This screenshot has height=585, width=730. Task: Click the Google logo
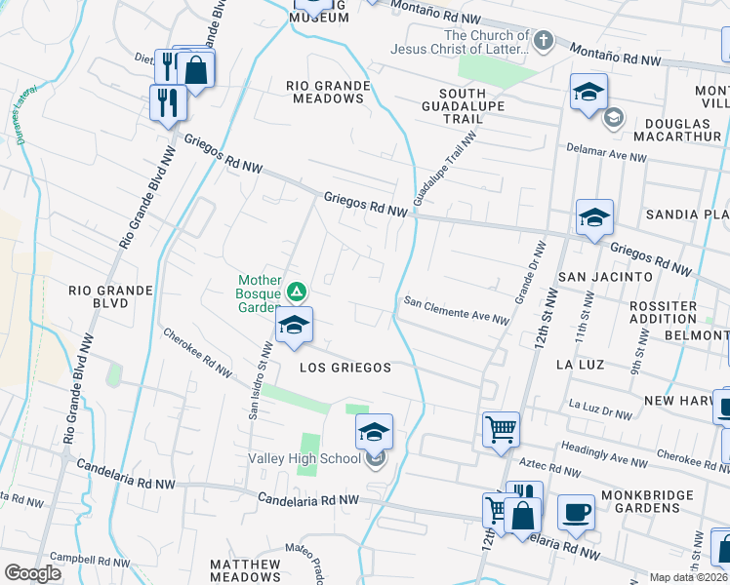coord(32,573)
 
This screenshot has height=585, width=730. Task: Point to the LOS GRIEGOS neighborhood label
coord(345,368)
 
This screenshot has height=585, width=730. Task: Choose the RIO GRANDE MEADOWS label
coord(328,92)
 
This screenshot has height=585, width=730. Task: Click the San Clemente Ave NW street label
coord(457,310)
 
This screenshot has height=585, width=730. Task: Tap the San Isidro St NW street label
coord(260,379)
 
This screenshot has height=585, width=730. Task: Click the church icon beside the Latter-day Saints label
coord(544,42)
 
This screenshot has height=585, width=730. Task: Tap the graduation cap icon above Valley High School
coord(374,431)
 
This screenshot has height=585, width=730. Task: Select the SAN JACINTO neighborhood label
coord(605,277)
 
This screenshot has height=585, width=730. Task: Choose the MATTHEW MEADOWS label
coord(245,570)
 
